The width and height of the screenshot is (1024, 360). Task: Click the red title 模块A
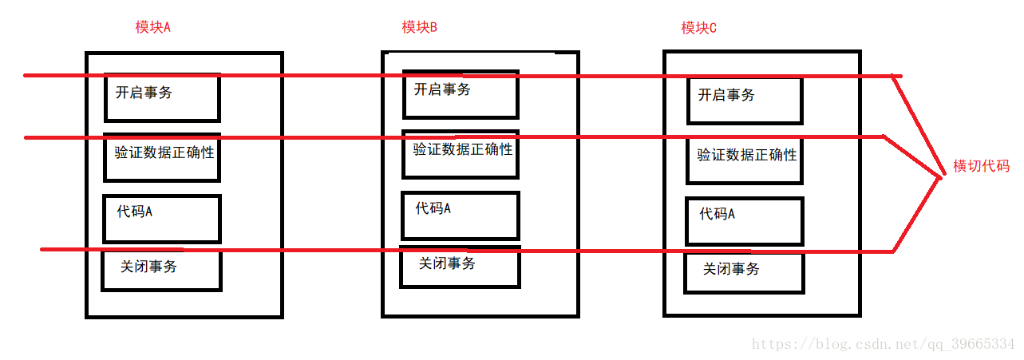click(153, 27)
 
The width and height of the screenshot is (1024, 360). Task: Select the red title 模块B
click(420, 27)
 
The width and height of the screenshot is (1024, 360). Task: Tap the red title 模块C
click(699, 28)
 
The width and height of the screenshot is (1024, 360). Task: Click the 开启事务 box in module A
click(162, 97)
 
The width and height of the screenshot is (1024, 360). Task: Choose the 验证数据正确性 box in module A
click(162, 157)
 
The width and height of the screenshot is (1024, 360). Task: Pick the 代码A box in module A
click(162, 218)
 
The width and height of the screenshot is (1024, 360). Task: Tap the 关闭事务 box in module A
click(161, 270)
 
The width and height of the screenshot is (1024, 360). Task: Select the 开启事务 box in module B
click(461, 94)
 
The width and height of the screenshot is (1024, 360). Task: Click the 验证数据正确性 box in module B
click(461, 154)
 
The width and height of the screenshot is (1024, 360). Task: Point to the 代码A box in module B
click(461, 216)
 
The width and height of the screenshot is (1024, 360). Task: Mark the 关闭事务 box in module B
click(461, 267)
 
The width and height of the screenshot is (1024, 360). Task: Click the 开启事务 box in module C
click(745, 100)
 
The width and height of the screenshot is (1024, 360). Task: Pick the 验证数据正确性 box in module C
click(745, 160)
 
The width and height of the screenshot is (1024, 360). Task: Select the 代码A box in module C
click(745, 221)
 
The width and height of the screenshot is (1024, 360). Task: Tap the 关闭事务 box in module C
click(745, 273)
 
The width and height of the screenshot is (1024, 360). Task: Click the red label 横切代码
click(981, 166)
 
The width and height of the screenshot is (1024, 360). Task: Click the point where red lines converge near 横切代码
click(940, 176)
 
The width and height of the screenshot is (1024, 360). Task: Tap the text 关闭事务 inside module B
click(447, 263)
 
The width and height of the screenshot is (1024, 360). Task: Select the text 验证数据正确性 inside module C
click(747, 155)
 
